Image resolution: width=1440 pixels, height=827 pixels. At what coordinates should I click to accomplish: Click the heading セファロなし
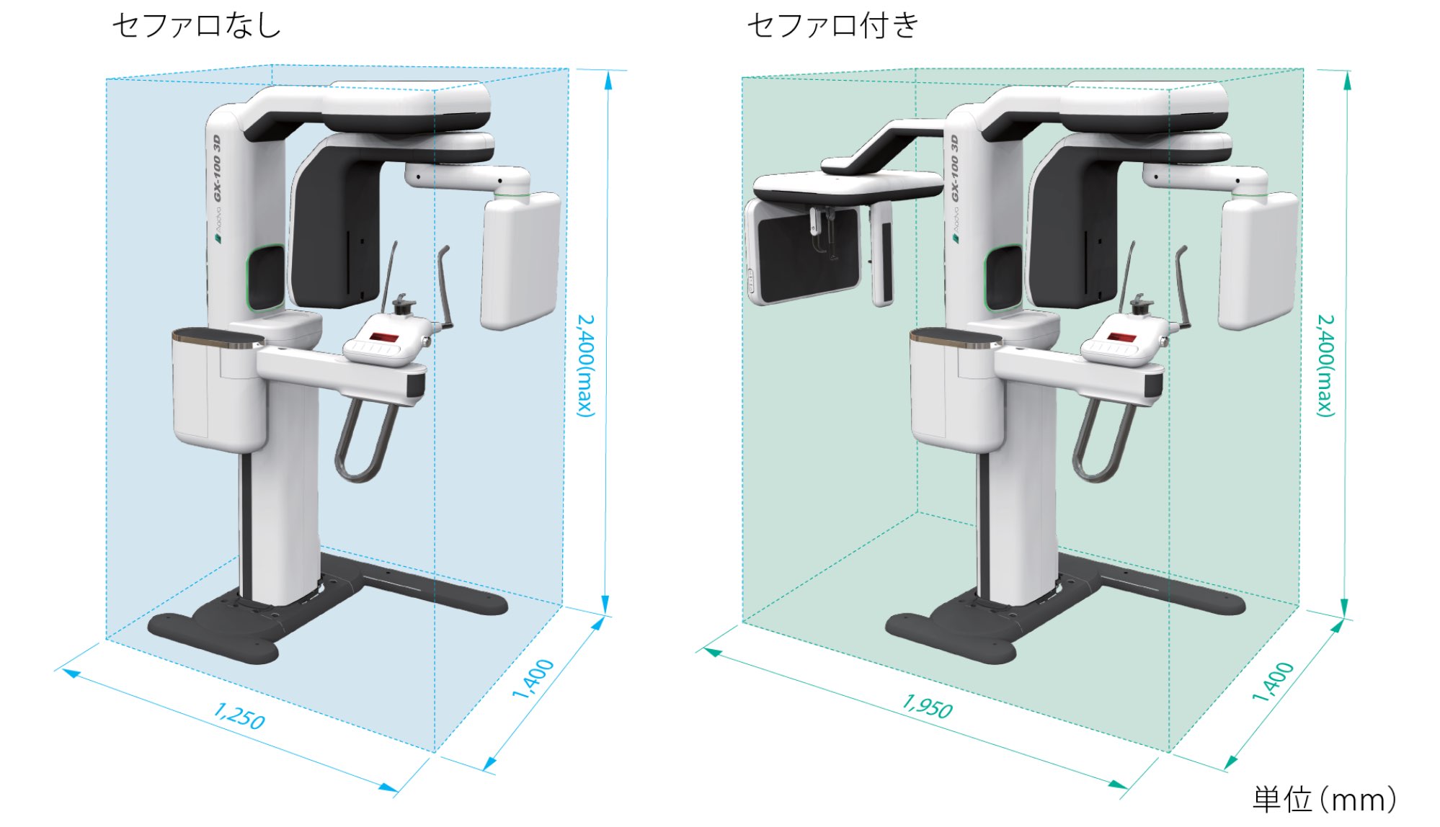click(x=196, y=26)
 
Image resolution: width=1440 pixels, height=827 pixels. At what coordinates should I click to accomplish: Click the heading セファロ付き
click(x=832, y=26)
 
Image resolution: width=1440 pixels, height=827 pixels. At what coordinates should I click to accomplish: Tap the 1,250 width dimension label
click(x=239, y=716)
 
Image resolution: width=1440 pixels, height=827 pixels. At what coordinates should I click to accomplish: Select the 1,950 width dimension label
click(x=928, y=706)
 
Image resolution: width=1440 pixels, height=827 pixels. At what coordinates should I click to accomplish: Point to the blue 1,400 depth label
click(x=533, y=679)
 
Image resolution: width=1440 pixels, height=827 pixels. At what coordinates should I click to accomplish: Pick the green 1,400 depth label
click(x=1272, y=681)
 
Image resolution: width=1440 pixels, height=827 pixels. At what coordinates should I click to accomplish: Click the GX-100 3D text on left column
click(x=216, y=169)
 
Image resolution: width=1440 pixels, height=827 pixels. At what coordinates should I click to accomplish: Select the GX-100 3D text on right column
click(x=954, y=169)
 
